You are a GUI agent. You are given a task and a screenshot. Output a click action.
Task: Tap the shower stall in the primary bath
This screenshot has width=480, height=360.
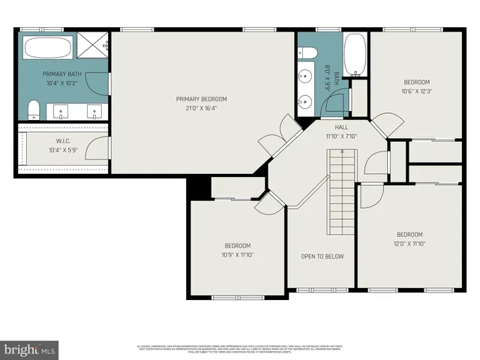pyautogui.click(x=94, y=46)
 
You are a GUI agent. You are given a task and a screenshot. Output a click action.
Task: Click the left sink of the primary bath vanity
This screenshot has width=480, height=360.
pyautogui.click(x=60, y=114)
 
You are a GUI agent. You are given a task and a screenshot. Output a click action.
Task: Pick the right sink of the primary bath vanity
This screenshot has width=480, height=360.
pyautogui.click(x=94, y=114)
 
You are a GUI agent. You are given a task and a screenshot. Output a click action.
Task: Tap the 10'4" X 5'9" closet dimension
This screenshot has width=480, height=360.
pyautogui.click(x=62, y=150)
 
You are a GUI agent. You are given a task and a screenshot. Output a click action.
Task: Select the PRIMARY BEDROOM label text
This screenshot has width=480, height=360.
pyautogui.click(x=201, y=99)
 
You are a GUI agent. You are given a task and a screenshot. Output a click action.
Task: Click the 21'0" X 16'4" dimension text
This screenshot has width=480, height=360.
pyautogui.click(x=201, y=108)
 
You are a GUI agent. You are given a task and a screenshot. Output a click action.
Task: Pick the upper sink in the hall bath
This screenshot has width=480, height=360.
pyautogui.click(x=306, y=76)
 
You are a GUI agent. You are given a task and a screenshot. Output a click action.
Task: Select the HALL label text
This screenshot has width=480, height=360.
pyautogui.click(x=341, y=127)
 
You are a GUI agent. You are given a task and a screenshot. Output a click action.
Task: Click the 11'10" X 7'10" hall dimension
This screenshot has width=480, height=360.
pyautogui.click(x=341, y=136)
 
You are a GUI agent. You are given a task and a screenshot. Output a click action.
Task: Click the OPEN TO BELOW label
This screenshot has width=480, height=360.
pyautogui.click(x=322, y=256)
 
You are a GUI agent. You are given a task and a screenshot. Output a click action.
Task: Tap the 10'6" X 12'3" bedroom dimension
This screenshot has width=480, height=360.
pyautogui.click(x=417, y=91)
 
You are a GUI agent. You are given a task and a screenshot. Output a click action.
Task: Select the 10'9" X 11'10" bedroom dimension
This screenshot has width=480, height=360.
pyautogui.click(x=238, y=255)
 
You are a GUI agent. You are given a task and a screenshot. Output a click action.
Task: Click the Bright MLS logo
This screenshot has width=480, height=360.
pyautogui.click(x=30, y=349)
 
